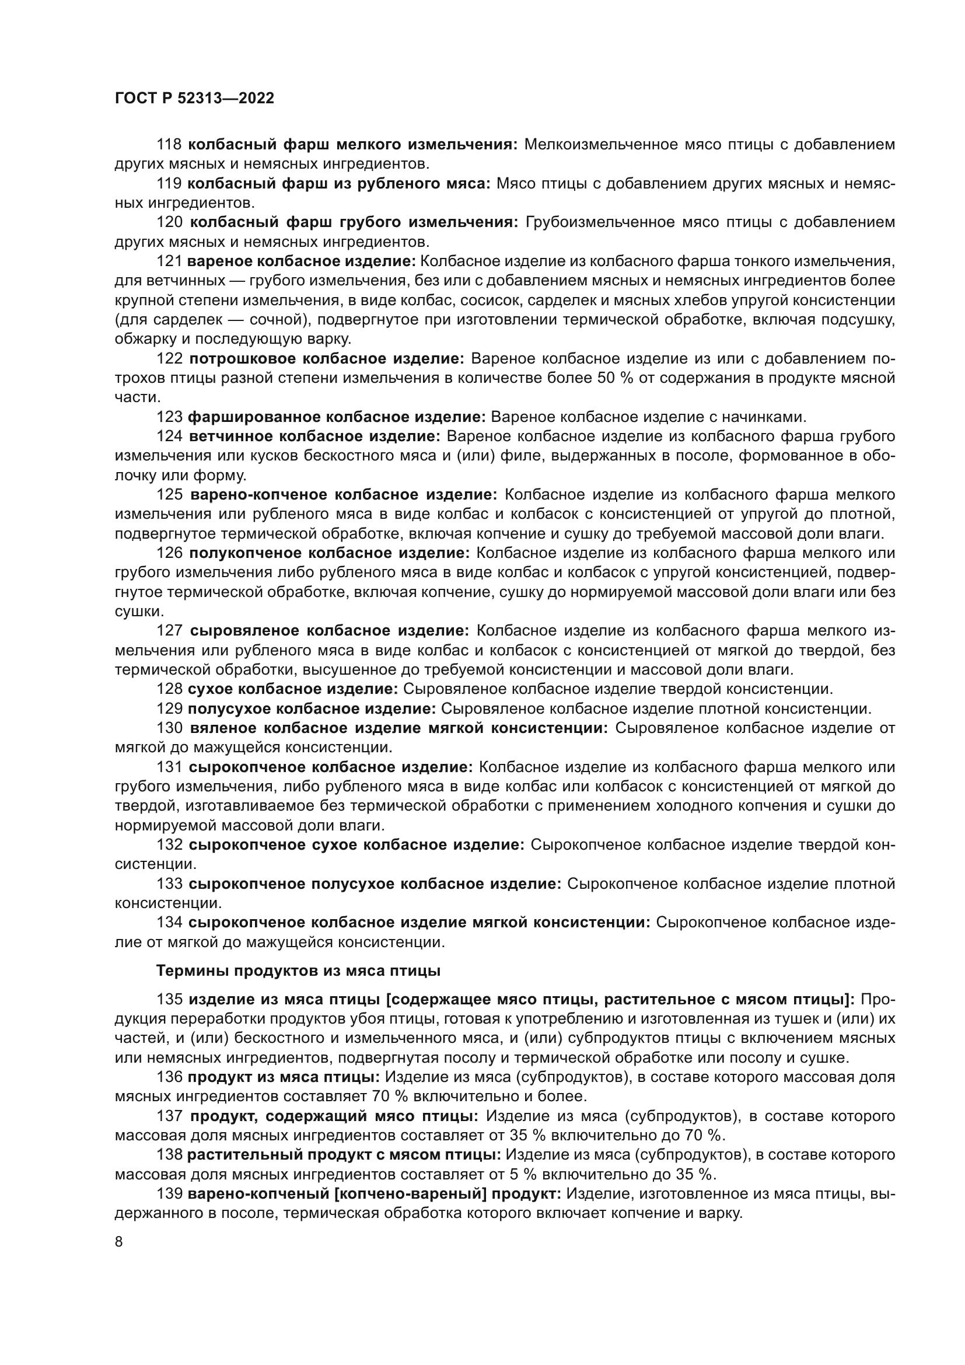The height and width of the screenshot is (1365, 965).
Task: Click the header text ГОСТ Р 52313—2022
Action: (x=194, y=99)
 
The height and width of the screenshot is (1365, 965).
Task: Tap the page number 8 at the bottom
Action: (x=119, y=1242)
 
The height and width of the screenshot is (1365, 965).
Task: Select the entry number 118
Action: (x=169, y=145)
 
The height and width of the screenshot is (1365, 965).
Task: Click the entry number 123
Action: (x=169, y=417)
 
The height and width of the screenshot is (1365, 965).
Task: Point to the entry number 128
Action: (x=169, y=689)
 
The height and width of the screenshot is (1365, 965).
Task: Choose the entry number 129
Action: (x=169, y=708)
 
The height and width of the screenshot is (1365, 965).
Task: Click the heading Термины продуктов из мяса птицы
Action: (x=298, y=971)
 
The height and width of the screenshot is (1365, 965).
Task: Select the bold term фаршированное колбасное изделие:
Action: (x=337, y=417)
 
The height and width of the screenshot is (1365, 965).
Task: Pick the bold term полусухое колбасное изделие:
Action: (x=312, y=708)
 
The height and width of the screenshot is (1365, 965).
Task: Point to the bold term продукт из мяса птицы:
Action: (x=284, y=1077)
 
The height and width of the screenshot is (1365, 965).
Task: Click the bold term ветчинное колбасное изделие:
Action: (x=315, y=437)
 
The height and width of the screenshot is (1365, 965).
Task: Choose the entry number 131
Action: (x=169, y=767)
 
